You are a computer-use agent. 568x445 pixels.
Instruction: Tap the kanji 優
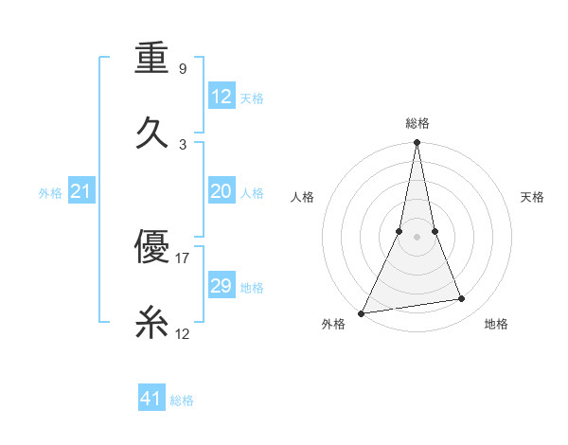(x=151, y=247)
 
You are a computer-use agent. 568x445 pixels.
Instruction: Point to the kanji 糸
(x=151, y=325)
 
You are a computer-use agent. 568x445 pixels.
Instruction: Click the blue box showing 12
(x=222, y=97)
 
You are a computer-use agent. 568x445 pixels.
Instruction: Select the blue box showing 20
(x=222, y=192)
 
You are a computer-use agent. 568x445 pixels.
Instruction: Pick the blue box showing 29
(x=222, y=286)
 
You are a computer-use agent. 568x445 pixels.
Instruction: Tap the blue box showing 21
(x=81, y=192)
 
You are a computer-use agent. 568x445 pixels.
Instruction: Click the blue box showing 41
(x=151, y=399)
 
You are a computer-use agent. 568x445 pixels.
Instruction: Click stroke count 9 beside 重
(x=182, y=69)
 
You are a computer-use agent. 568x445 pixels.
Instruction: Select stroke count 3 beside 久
(x=183, y=145)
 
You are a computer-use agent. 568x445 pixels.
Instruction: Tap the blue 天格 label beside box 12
(x=251, y=98)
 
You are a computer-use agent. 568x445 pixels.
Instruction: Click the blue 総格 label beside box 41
(x=182, y=400)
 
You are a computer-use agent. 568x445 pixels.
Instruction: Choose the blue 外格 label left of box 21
(x=50, y=193)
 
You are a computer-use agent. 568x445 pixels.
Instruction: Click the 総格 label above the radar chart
(x=417, y=123)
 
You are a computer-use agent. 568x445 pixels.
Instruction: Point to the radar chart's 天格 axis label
(x=533, y=197)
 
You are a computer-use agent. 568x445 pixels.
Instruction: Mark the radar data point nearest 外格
(x=362, y=312)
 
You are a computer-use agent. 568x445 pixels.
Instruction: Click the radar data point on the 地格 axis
(x=462, y=299)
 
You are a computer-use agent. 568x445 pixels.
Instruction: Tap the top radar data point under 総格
(x=417, y=143)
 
